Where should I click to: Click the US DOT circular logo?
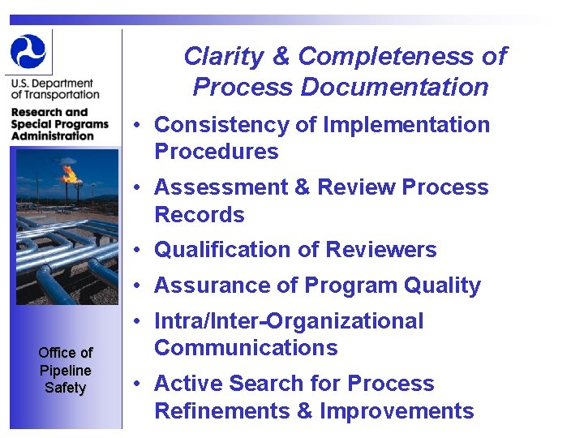pyautogui.click(x=28, y=51)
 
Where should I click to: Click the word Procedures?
pyautogui.click(x=216, y=152)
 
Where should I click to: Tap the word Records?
pyautogui.click(x=200, y=215)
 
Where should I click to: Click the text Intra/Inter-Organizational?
pyautogui.click(x=289, y=321)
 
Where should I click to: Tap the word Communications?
pyautogui.click(x=246, y=348)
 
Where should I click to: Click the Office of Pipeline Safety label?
pyautogui.click(x=65, y=370)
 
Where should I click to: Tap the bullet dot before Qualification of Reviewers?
pyautogui.click(x=140, y=251)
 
